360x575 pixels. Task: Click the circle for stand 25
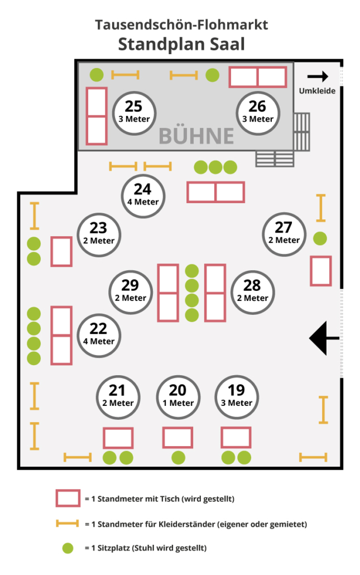pyautogui.click(x=134, y=112)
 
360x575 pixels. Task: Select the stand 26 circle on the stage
pyautogui.click(x=257, y=112)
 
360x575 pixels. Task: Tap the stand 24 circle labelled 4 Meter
pyautogui.click(x=142, y=195)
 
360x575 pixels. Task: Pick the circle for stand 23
pyautogui.click(x=98, y=234)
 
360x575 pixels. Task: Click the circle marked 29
pyautogui.click(x=130, y=291)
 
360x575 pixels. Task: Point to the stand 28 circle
pyautogui.click(x=252, y=291)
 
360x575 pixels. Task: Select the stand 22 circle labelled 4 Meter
pyautogui.click(x=98, y=334)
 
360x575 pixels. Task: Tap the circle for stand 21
pyautogui.click(x=117, y=396)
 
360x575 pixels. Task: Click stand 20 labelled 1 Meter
pyautogui.click(x=177, y=396)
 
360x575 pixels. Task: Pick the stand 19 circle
pyautogui.click(x=237, y=396)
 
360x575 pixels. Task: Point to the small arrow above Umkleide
pyautogui.click(x=318, y=76)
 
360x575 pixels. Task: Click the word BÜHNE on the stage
pyautogui.click(x=196, y=136)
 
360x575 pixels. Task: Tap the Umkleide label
pyautogui.click(x=318, y=90)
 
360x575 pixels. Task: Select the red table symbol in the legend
pyautogui.click(x=68, y=499)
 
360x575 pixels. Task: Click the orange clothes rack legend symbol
pyautogui.click(x=68, y=524)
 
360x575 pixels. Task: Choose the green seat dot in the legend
pyautogui.click(x=68, y=548)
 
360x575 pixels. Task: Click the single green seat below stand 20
pyautogui.click(x=178, y=458)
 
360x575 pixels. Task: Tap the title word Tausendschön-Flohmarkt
pyautogui.click(x=181, y=25)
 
